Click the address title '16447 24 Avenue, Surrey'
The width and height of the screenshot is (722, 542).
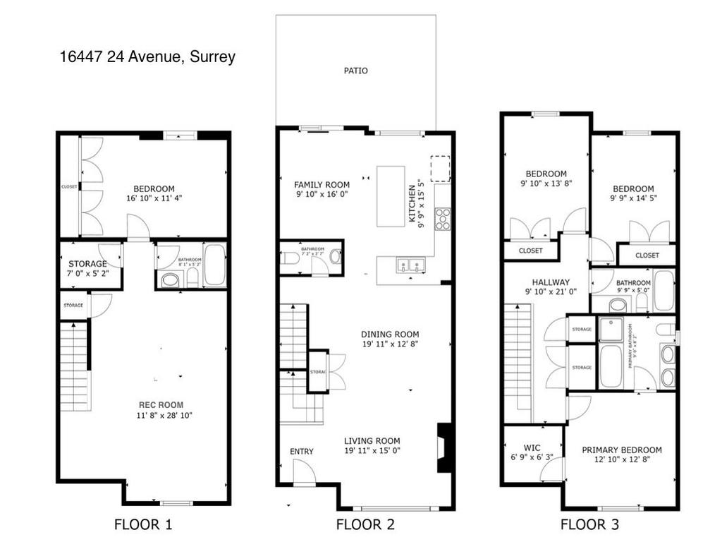coord(147,57)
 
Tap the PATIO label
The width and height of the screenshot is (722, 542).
coord(355,71)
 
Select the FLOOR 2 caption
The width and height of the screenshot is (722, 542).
coord(365,524)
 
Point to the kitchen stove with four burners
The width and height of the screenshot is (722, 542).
coord(442,219)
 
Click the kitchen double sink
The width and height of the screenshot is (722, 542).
coord(410,265)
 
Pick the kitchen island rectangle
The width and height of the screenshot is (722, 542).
coord(391,196)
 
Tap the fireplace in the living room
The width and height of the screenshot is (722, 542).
coord(444,447)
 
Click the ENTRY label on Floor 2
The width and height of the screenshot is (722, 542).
coord(302,452)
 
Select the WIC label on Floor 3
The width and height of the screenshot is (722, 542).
coord(532,447)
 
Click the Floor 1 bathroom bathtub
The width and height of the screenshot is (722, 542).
coord(214,265)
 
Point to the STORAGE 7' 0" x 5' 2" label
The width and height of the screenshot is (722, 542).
coord(88,268)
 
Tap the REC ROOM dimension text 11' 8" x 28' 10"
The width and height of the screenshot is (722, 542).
coord(161,416)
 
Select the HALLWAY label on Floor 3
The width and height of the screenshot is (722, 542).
coord(551,282)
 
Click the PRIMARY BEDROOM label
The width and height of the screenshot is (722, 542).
coord(622,450)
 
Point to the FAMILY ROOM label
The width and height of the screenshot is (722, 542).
coord(322,185)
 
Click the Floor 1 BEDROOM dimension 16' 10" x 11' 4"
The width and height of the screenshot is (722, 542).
coord(154,198)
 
